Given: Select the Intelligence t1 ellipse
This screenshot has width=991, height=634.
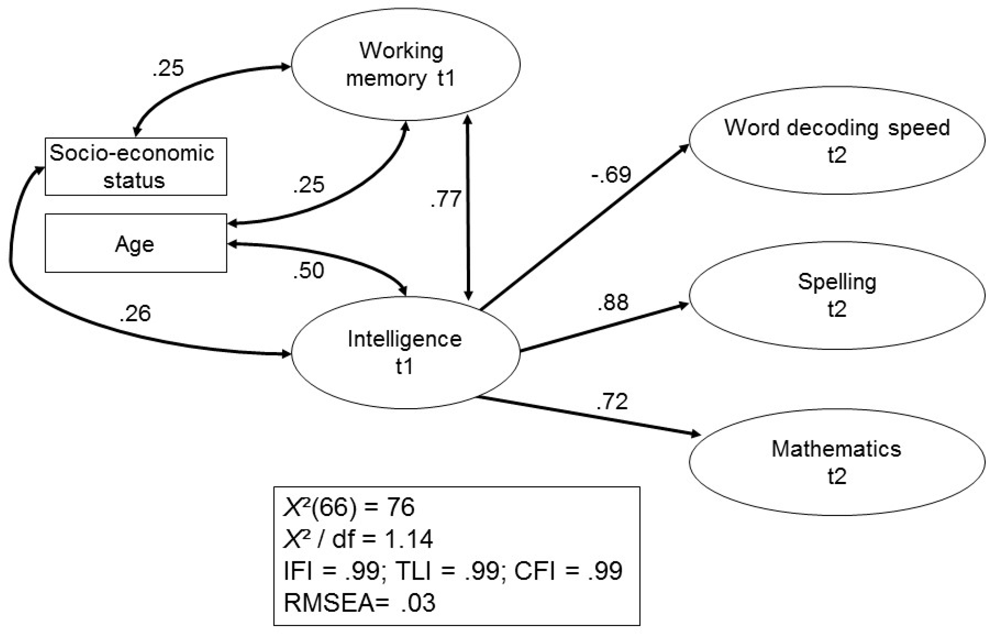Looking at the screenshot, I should click(x=405, y=352).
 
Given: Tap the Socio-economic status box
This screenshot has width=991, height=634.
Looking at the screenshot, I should click(x=135, y=167).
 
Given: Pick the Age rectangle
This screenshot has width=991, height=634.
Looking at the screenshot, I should click(x=135, y=243).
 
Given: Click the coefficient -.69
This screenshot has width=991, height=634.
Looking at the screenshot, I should click(x=611, y=175).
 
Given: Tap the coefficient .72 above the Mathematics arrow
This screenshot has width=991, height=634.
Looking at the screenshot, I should click(x=612, y=402).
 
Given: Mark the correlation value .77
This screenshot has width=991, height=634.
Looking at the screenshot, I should click(x=446, y=199).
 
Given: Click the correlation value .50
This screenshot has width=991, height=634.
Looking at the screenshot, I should click(x=309, y=271).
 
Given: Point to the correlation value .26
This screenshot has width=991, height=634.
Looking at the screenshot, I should click(x=135, y=314).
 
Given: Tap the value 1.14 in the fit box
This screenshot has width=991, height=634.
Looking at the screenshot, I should click(x=409, y=539).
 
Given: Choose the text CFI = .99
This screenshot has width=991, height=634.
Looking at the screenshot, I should click(x=568, y=571).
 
